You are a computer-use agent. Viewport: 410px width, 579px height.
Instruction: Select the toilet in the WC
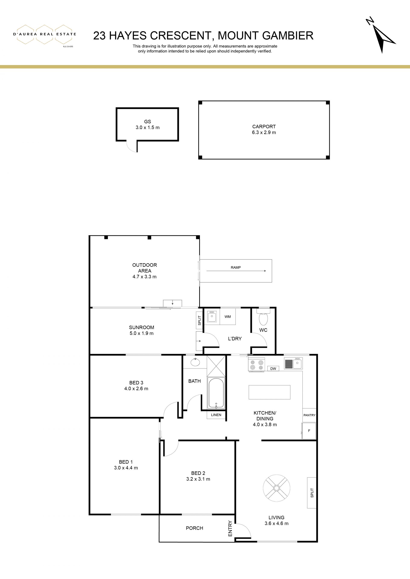pos(263,318)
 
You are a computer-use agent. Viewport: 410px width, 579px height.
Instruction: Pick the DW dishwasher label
pos(273,369)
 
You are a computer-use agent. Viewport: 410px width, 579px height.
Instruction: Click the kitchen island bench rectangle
pos(269,392)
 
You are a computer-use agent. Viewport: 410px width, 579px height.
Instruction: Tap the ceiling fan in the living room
pos(277,488)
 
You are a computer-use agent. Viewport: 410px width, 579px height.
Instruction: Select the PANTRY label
pos(309,415)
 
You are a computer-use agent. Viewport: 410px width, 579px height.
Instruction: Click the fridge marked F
pos(309,431)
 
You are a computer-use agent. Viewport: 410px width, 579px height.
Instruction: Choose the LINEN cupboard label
pos(216,415)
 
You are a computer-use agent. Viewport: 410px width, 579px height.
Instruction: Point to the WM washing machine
pos(228,316)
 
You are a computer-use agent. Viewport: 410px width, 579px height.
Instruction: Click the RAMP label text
pos(236,267)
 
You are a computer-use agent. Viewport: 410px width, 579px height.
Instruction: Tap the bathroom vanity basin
pos(195,362)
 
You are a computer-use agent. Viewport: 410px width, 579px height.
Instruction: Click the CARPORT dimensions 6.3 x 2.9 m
pos(264,132)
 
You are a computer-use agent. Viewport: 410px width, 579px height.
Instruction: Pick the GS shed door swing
pos(132,147)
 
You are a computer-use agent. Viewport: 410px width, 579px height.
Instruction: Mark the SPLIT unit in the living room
pos(312,493)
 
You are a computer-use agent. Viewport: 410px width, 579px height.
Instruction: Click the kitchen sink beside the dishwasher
pos(293,363)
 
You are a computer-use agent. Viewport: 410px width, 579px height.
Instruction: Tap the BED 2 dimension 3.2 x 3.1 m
pos(198,479)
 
